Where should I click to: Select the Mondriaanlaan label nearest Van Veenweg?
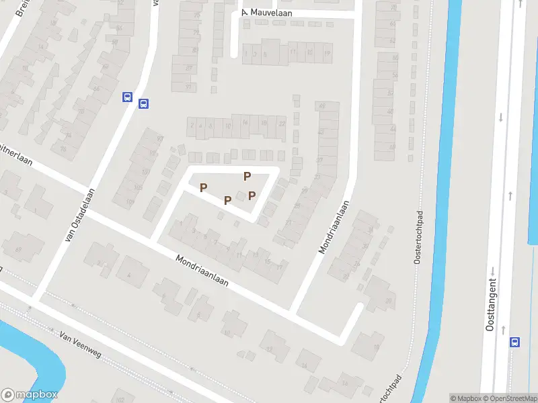click(x=202, y=270)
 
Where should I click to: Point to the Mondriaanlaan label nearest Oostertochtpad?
click(x=334, y=227)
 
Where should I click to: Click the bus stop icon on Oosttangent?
click(x=515, y=342)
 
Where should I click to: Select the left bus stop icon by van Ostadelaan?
click(x=126, y=97)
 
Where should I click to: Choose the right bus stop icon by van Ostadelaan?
click(x=143, y=103)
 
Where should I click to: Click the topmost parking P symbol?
click(x=247, y=176)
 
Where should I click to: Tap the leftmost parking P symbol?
click(x=203, y=187)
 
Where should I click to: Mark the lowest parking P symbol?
click(x=227, y=200)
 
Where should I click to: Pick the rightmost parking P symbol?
click(x=252, y=195)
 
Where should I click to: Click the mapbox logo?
click(x=30, y=395)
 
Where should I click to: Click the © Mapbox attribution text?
click(x=465, y=398)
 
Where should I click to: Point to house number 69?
click(x=19, y=250)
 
